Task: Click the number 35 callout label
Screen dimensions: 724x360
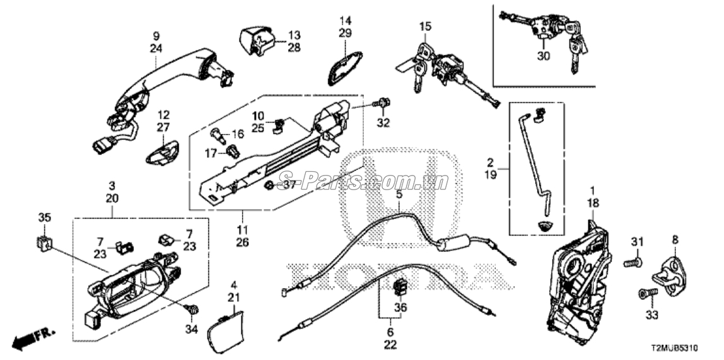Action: click(x=44, y=217)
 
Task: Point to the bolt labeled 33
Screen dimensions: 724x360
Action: click(x=648, y=293)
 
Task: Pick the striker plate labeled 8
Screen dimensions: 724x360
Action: click(x=670, y=276)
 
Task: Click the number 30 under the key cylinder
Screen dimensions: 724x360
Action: click(x=544, y=56)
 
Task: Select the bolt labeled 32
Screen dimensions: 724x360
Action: click(x=382, y=104)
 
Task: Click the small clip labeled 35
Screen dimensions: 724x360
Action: click(x=44, y=243)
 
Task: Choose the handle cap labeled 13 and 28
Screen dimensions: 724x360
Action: click(x=256, y=40)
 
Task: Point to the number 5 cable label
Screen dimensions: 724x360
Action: click(x=399, y=195)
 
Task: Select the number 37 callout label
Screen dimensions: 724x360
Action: click(x=289, y=185)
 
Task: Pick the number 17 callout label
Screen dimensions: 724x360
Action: click(x=211, y=153)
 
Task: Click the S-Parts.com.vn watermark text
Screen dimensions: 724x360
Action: click(x=363, y=181)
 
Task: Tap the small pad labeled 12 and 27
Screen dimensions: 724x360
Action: click(x=162, y=152)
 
